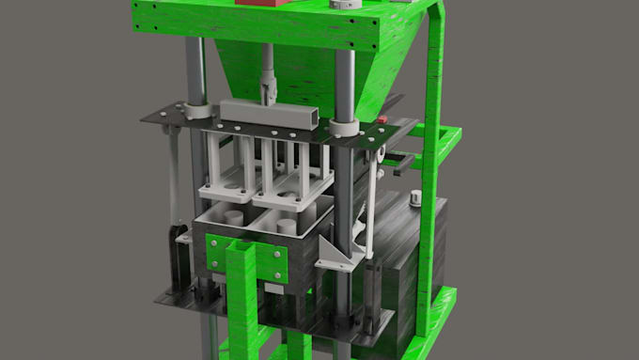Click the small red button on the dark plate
tap(383, 119)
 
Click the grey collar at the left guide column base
tap(198, 110)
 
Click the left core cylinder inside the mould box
tap(228, 217)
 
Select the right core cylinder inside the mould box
tap(285, 225)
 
